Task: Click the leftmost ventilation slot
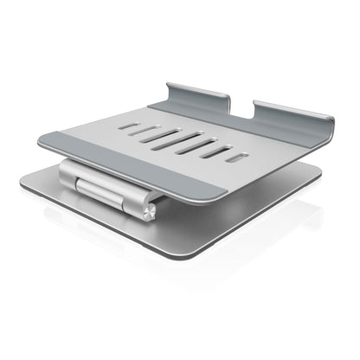click(131, 125)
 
